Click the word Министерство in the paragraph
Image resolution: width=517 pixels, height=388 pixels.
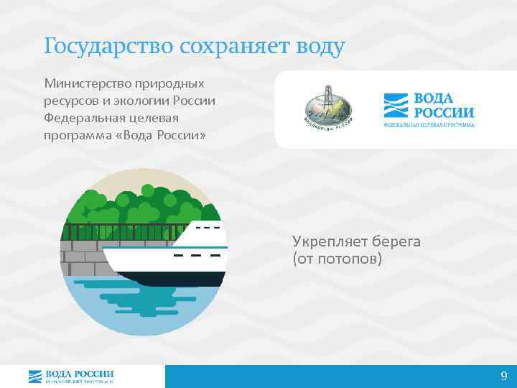(84, 84)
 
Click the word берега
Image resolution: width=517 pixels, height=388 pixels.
(394, 242)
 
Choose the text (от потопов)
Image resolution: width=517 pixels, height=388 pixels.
(337, 258)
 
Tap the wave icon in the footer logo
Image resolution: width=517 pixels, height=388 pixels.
(35, 376)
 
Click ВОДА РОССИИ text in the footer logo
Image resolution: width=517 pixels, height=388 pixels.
(79, 374)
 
